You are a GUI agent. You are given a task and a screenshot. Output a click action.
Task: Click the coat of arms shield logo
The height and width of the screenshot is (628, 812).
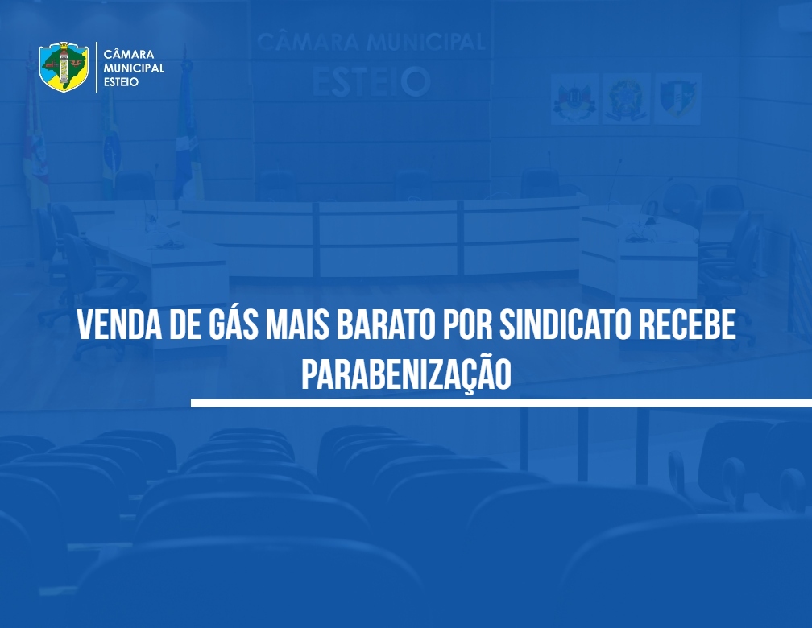tap(64, 68)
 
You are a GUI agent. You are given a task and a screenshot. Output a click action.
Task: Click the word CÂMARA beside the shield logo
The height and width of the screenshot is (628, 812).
tap(128, 55)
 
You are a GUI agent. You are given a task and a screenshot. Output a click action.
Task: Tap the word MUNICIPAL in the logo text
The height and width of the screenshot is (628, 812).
tap(134, 68)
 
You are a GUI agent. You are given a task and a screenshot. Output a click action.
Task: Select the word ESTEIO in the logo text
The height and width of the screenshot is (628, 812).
tap(121, 82)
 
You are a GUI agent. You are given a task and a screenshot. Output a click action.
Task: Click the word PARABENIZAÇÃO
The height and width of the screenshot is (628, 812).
tap(407, 374)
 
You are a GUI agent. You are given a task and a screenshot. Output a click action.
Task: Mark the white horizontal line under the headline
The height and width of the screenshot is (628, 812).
tap(501, 403)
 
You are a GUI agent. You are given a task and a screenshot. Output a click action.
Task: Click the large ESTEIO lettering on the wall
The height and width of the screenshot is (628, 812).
tap(371, 81)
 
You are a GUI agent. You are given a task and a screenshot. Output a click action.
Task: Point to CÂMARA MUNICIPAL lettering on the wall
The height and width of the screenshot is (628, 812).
tap(371, 41)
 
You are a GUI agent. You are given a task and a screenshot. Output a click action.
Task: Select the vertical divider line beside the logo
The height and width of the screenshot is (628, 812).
tap(97, 68)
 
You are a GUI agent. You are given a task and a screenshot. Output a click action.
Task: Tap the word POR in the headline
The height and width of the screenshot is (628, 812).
tap(466, 324)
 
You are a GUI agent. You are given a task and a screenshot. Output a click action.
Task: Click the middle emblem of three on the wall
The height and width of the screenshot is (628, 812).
tap(626, 99)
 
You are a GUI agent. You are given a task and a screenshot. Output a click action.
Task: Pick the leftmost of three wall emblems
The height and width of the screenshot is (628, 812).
tap(574, 99)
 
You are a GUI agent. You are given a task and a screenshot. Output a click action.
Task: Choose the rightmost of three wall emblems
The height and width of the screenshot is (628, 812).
tap(677, 99)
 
